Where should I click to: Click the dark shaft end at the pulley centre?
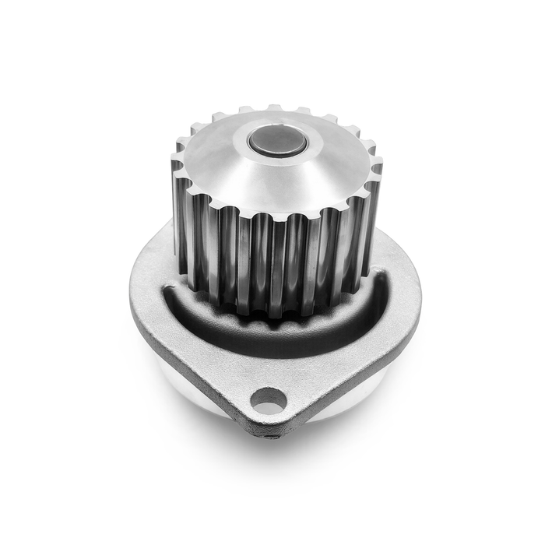pos(276,142)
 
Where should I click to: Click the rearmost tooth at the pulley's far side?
pos(274,108)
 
